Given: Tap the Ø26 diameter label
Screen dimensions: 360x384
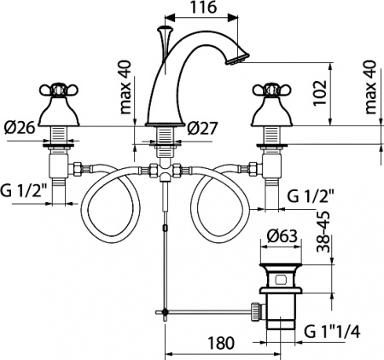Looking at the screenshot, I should (18, 129).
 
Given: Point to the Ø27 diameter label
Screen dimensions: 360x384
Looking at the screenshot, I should (202, 129).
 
